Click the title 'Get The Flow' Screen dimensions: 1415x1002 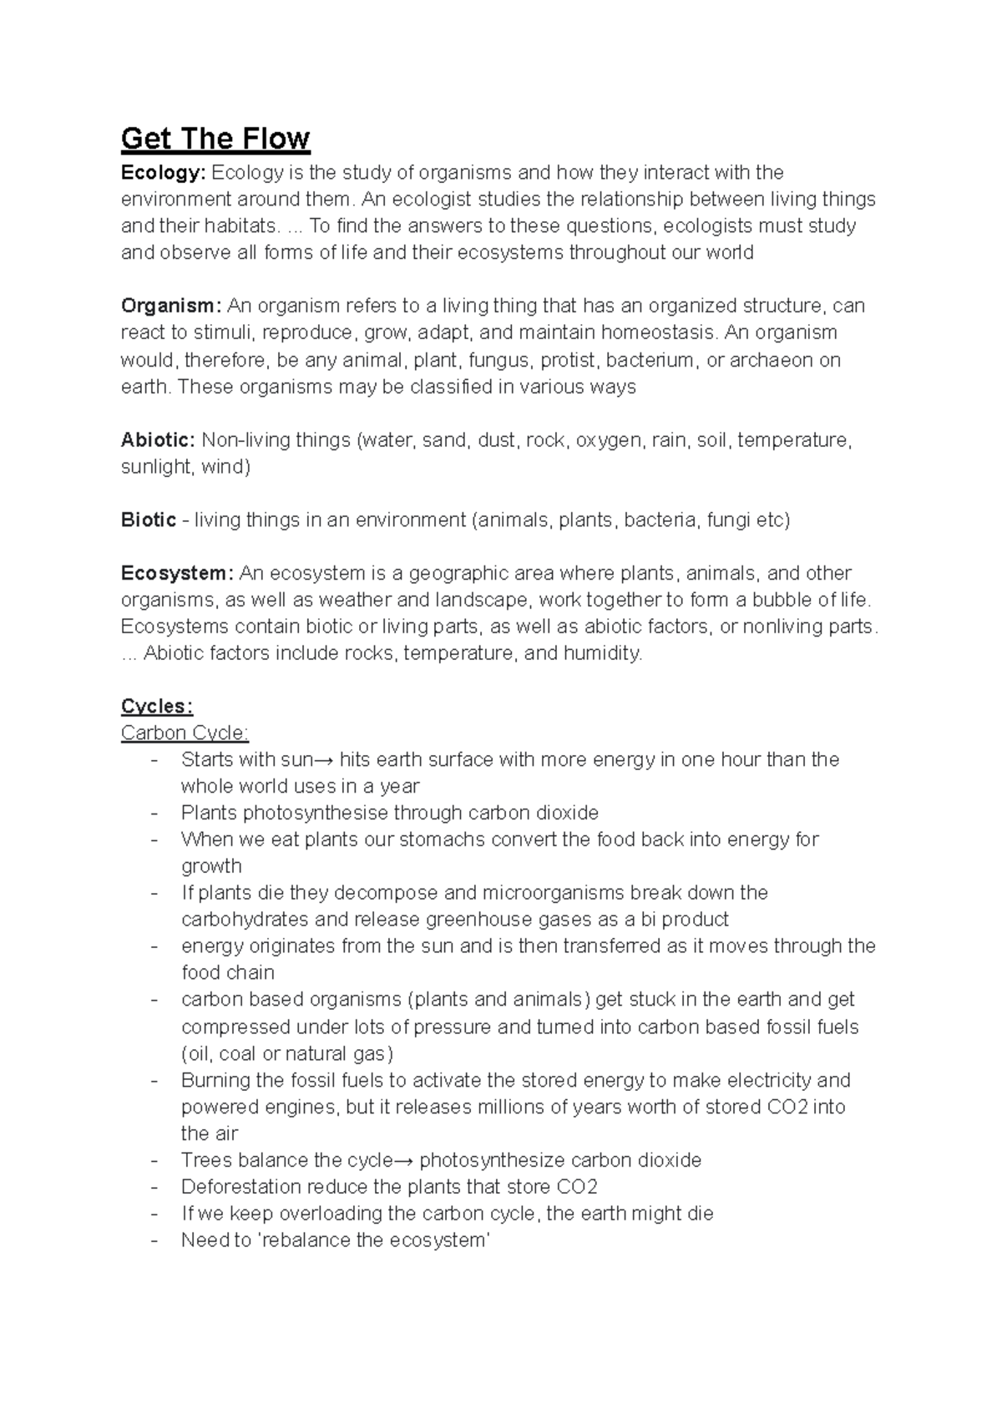[x=215, y=139]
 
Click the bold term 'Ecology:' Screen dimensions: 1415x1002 [x=163, y=173]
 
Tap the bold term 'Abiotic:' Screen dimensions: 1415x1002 [x=159, y=440]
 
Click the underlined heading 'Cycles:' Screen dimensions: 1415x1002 [x=157, y=707]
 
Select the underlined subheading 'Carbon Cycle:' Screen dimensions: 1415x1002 [x=185, y=733]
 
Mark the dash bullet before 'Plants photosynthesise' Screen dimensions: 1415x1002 [x=154, y=814]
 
